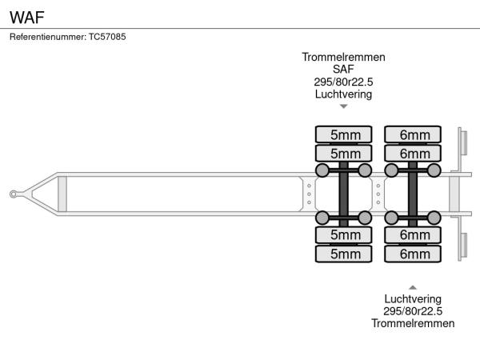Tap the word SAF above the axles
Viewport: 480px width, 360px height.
point(343,70)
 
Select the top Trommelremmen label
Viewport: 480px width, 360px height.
point(343,58)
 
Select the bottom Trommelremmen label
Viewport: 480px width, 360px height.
point(413,323)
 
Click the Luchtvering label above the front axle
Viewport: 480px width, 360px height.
point(343,94)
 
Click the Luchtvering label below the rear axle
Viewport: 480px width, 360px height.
point(413,299)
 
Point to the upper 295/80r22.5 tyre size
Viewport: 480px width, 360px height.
point(343,82)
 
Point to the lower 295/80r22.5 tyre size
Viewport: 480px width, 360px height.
point(413,311)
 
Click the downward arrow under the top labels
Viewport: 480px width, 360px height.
point(343,106)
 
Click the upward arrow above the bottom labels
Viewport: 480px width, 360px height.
point(413,286)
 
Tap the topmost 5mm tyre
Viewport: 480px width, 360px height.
point(344,134)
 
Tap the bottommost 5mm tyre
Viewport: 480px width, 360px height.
point(344,254)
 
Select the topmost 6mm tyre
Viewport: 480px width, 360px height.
point(414,134)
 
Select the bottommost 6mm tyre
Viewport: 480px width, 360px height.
point(414,254)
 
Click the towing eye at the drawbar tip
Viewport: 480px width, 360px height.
point(14,194)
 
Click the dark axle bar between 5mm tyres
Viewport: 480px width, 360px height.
point(344,194)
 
